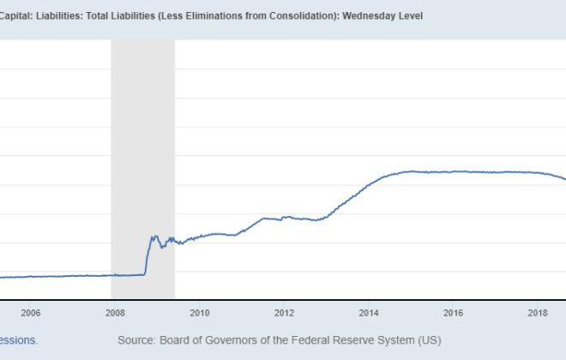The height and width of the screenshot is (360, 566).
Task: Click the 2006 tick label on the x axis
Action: point(30,313)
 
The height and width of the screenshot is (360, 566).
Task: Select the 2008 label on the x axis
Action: point(115,313)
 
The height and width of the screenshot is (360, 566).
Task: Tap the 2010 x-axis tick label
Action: point(200,313)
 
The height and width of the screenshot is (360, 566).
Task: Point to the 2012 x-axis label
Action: point(285,313)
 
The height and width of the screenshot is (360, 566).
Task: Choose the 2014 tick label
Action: point(369,313)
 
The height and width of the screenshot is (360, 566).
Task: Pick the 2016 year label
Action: point(454,313)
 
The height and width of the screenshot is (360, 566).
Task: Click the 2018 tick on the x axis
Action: point(539,313)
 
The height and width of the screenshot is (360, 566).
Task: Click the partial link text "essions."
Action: point(18,340)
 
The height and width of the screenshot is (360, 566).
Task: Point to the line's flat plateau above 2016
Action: point(454,171)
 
